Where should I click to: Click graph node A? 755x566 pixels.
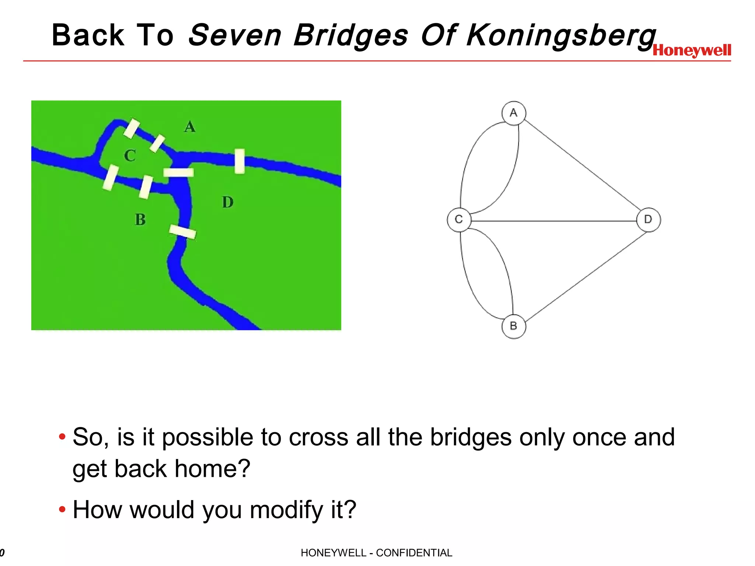(x=514, y=113)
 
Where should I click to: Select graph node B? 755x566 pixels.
(x=514, y=326)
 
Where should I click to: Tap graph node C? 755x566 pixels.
(x=459, y=220)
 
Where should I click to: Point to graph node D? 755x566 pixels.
(x=648, y=220)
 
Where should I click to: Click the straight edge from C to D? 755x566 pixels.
(x=553, y=221)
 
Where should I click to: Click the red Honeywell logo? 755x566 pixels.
(x=692, y=50)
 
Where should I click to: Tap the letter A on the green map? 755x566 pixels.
(x=189, y=127)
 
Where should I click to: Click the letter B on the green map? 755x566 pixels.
(x=140, y=220)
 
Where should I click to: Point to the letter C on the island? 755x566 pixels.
(x=130, y=156)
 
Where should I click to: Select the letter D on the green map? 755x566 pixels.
(x=228, y=202)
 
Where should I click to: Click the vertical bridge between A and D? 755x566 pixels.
(x=240, y=161)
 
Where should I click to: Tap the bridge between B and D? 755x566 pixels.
(x=182, y=232)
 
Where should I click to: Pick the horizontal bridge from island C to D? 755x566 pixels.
(x=178, y=172)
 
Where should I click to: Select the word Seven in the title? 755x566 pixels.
(x=235, y=35)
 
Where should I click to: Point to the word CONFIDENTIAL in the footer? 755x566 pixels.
(x=414, y=553)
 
